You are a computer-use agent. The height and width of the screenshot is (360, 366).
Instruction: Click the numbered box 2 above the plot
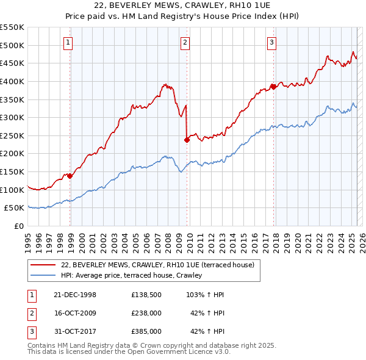pos(184,42)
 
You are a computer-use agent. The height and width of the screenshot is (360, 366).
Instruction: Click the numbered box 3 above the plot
pos(271,42)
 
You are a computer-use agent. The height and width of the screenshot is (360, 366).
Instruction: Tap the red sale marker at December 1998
pos(70,176)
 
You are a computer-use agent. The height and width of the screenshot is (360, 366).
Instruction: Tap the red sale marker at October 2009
pos(187,140)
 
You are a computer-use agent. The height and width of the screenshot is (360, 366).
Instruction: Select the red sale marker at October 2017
pos(273,87)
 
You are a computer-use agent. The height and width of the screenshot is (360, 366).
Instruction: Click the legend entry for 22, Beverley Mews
pos(152,265)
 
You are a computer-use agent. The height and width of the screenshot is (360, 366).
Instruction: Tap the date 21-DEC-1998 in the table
pos(75,295)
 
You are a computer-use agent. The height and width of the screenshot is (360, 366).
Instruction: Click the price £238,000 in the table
pos(146,313)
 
